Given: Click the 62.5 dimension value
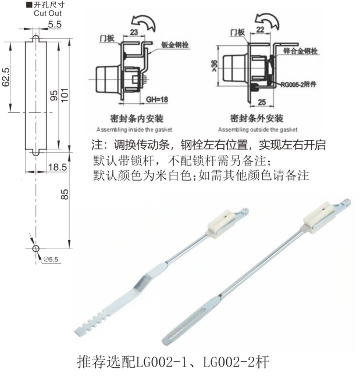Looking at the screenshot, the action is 6,77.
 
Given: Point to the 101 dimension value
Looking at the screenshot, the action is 65,95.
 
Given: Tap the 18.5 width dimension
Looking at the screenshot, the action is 58,167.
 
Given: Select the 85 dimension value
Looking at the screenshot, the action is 65,194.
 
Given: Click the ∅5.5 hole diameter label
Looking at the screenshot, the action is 51,260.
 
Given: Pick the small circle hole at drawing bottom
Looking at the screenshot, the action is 35,249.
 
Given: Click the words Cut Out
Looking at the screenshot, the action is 48,13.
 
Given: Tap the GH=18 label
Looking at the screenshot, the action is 157,99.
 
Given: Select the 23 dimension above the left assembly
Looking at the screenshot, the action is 134,32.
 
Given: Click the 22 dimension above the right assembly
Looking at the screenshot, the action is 260,30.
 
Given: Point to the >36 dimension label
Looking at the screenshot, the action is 214,66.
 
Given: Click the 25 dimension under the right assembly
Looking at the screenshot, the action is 262,102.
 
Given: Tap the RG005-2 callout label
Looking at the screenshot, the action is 298,84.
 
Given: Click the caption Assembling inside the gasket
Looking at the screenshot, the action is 134,130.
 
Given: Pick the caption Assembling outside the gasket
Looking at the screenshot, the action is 258,130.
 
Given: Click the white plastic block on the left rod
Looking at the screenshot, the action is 222,224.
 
